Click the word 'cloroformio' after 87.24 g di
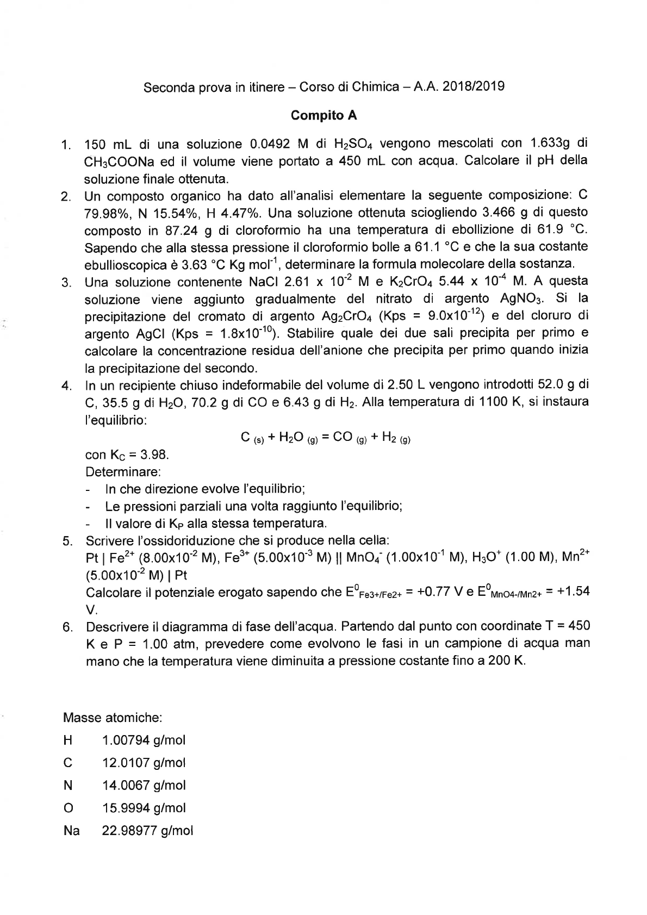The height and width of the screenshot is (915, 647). click(x=260, y=230)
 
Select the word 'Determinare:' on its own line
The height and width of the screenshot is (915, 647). click(x=123, y=471)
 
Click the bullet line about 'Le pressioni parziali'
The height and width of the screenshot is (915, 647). click(x=253, y=506)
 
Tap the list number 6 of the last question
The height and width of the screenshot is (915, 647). click(x=67, y=628)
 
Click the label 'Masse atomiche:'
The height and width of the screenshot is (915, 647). click(x=113, y=717)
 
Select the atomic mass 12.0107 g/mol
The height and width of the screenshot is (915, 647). click(x=144, y=763)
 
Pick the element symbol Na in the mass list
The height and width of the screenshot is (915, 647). click(x=71, y=831)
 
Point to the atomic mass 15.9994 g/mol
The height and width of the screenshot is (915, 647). click(x=144, y=808)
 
